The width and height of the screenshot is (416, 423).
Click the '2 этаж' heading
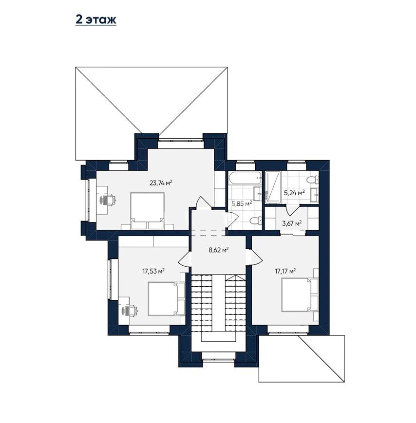point(96,19)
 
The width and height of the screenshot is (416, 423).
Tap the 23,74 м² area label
point(161,183)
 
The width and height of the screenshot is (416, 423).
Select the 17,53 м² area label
point(153,271)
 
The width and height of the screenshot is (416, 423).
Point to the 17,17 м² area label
point(285,271)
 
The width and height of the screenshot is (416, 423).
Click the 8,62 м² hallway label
point(219,250)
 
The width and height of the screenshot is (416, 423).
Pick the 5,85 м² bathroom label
point(242,203)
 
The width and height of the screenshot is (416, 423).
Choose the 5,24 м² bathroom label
point(294,193)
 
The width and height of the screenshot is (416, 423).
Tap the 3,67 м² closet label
point(292,223)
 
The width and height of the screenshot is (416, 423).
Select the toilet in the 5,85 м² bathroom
point(256,221)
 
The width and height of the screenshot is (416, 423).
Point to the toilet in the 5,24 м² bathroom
point(313,180)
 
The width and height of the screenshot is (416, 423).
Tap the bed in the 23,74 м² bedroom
point(148,211)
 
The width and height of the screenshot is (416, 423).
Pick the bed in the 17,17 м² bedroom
point(300,295)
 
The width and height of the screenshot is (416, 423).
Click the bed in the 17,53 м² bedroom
point(166,299)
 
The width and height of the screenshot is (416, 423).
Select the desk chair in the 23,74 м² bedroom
point(109,200)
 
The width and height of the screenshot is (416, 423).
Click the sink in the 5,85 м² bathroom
point(258,193)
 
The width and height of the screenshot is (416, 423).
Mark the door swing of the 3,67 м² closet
point(292,210)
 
